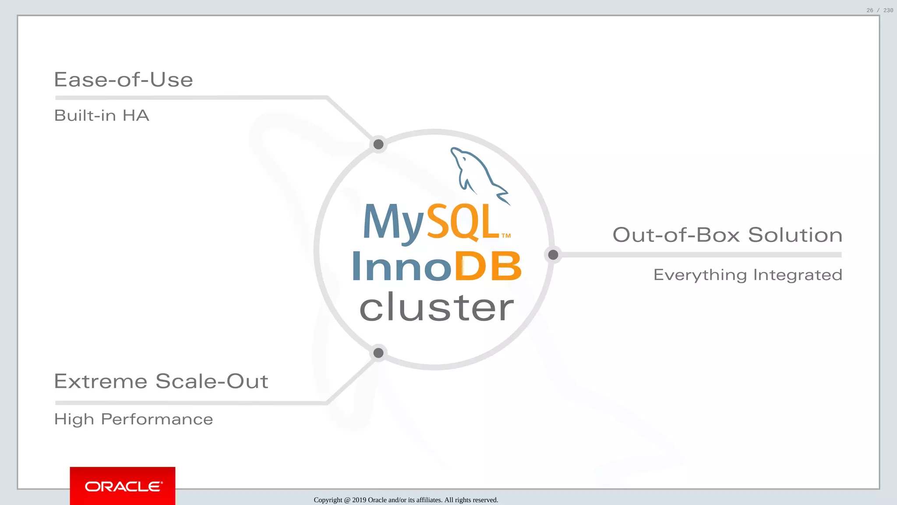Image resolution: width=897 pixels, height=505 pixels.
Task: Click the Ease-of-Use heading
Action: pos(123,80)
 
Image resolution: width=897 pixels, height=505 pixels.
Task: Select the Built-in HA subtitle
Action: pos(102,116)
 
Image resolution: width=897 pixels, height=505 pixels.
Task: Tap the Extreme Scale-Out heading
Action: pos(161,381)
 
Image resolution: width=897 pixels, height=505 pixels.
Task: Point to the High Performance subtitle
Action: pos(134,420)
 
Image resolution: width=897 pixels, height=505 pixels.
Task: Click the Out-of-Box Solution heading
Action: pos(727,235)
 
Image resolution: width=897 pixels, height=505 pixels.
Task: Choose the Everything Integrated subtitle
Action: pos(748,275)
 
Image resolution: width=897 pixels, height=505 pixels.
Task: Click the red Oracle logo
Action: pos(123,486)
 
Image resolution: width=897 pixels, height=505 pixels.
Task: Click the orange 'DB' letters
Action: pos(488,266)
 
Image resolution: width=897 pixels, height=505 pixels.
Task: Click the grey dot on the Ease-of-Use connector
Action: pos(378,144)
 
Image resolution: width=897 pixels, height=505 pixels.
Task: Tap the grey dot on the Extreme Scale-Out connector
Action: pos(378,353)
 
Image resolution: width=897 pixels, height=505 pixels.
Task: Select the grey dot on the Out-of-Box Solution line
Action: pos(553,255)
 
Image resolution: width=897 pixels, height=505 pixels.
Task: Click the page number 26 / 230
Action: pos(879,10)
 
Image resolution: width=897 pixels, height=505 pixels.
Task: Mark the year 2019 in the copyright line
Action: pos(359,500)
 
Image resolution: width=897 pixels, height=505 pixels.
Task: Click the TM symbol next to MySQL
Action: pos(506,236)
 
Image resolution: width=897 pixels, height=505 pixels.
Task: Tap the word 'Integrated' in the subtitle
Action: pos(798,275)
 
